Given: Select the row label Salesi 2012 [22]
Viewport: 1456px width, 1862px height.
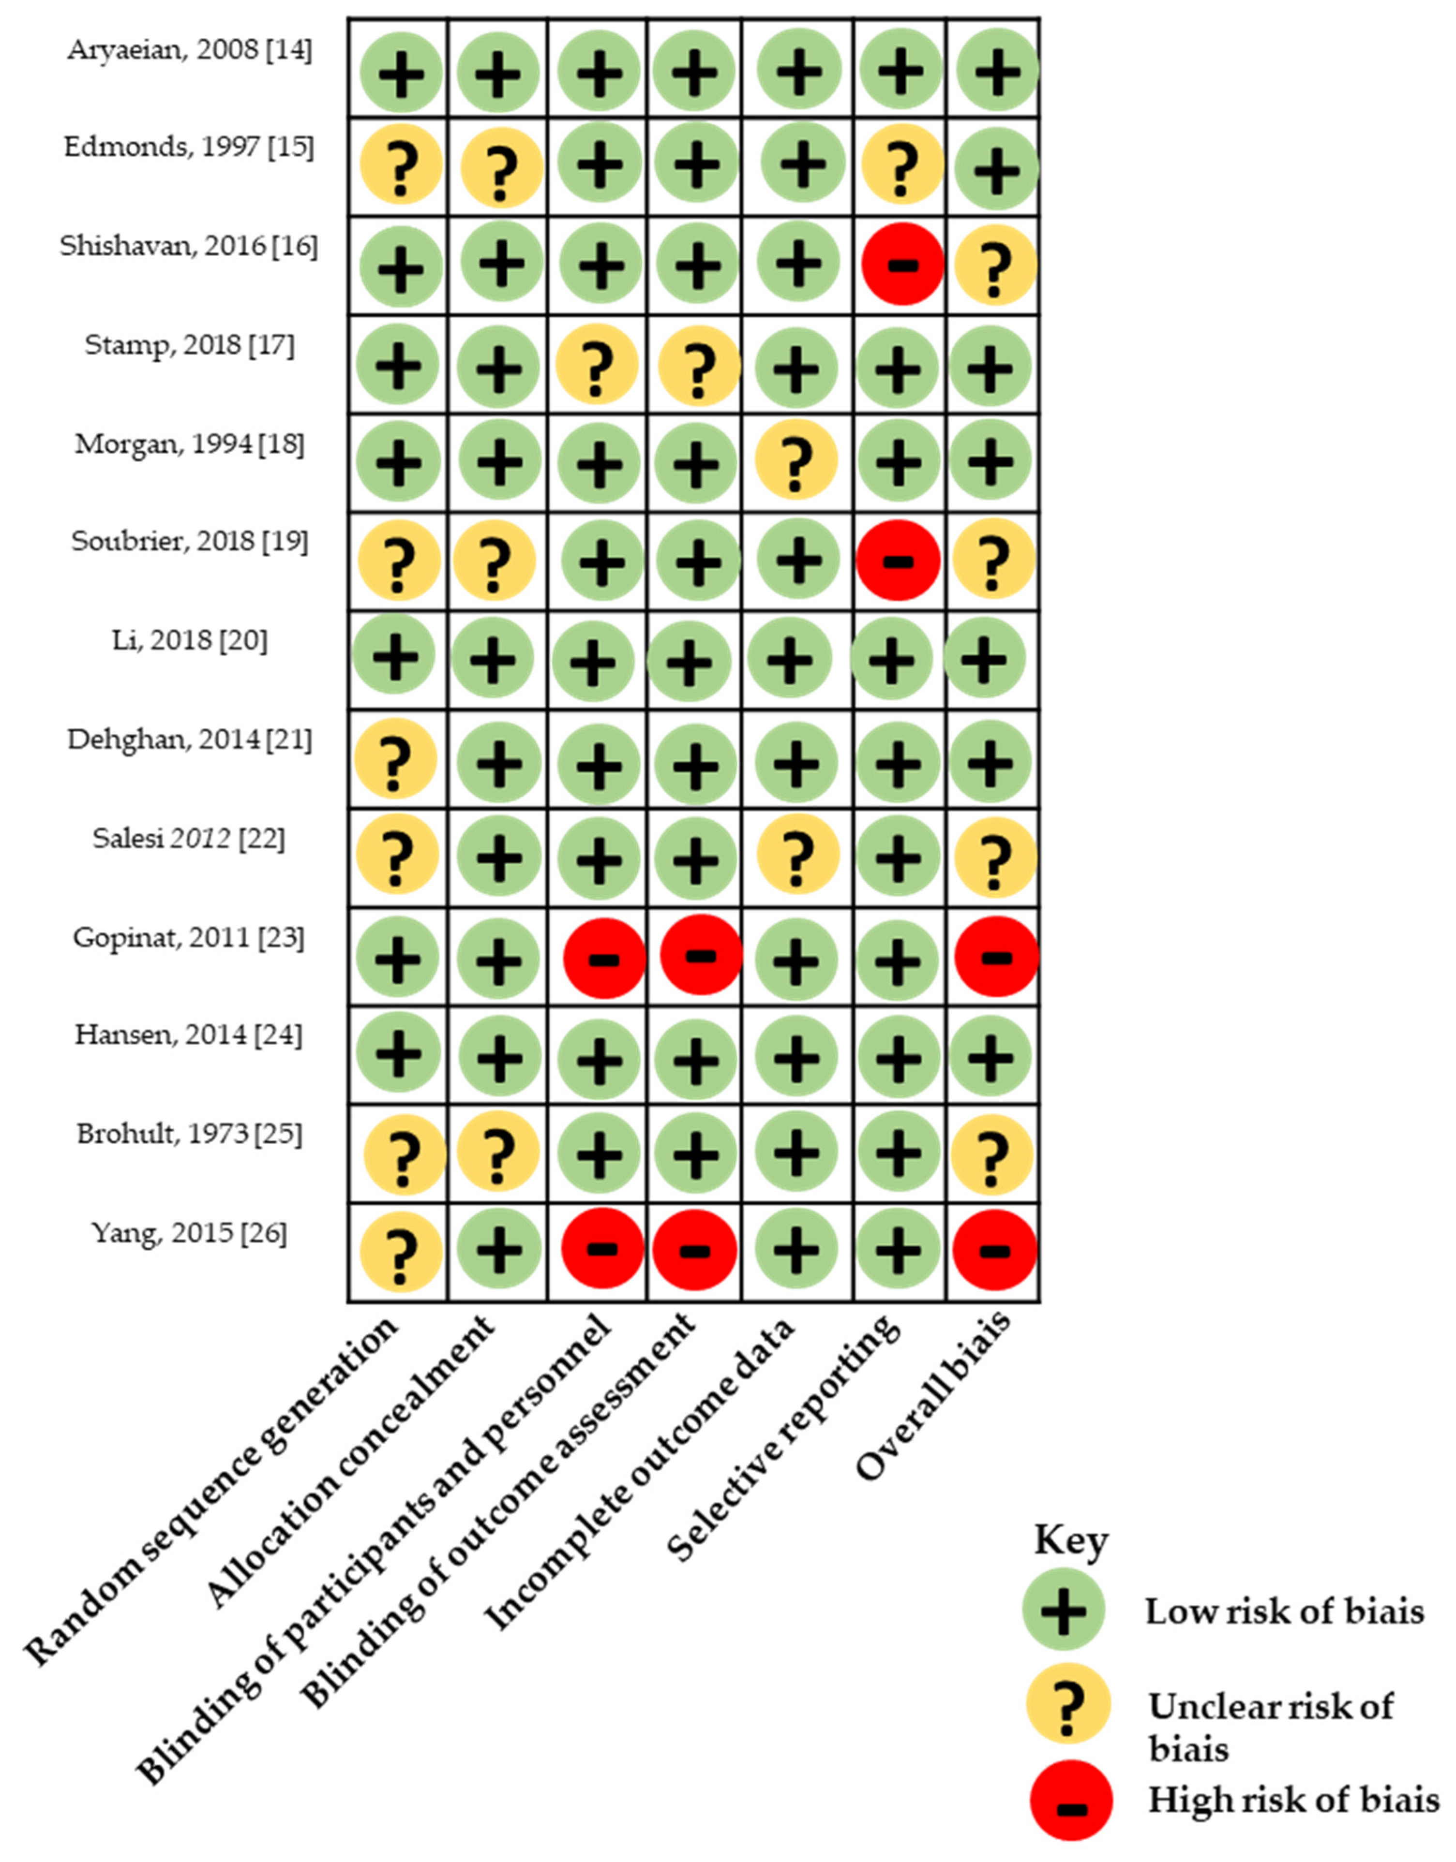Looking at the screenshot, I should tap(189, 839).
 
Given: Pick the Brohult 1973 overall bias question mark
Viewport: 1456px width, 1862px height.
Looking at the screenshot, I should tap(993, 1155).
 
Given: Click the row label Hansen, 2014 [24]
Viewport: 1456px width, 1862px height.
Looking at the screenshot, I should tap(189, 1035).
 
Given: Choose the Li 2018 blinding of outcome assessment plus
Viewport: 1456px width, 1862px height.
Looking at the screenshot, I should tap(689, 660).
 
